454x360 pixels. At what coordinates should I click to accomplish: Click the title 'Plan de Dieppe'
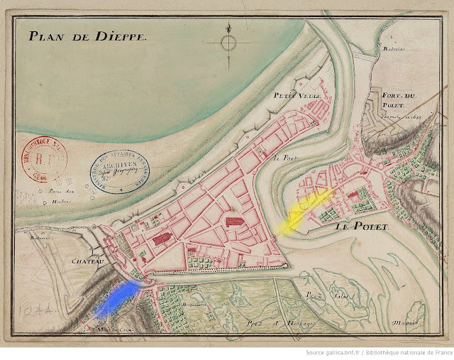point(87,37)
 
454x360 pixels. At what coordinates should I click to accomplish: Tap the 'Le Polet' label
point(359,227)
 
